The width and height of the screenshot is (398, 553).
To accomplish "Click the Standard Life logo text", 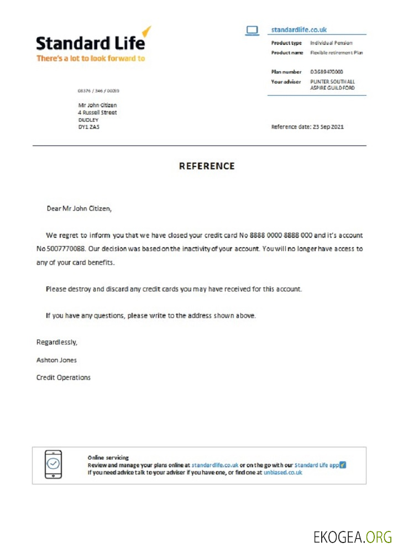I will (91, 43).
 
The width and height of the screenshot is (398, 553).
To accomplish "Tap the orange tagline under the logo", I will (91, 58).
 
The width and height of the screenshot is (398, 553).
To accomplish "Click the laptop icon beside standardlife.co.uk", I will (252, 30).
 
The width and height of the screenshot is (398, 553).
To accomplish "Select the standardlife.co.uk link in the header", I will (298, 30).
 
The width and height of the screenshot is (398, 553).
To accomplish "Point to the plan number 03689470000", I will (326, 72).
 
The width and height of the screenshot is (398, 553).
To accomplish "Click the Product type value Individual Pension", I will (331, 43).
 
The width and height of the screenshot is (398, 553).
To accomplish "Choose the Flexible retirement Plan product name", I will (336, 53).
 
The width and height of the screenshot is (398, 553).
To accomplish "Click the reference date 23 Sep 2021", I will (328, 127).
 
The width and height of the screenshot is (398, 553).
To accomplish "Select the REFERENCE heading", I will (207, 166).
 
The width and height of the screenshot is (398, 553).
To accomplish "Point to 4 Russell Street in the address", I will (97, 112).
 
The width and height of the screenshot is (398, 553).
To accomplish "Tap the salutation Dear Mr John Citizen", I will (79, 209).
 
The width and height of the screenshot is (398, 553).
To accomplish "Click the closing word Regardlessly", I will (56, 342).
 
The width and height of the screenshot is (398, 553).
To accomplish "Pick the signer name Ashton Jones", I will (56, 360).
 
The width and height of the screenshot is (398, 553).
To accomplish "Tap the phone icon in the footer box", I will (53, 465).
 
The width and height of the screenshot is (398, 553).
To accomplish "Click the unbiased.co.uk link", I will (282, 473).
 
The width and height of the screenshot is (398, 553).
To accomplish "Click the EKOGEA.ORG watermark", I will (352, 536).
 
